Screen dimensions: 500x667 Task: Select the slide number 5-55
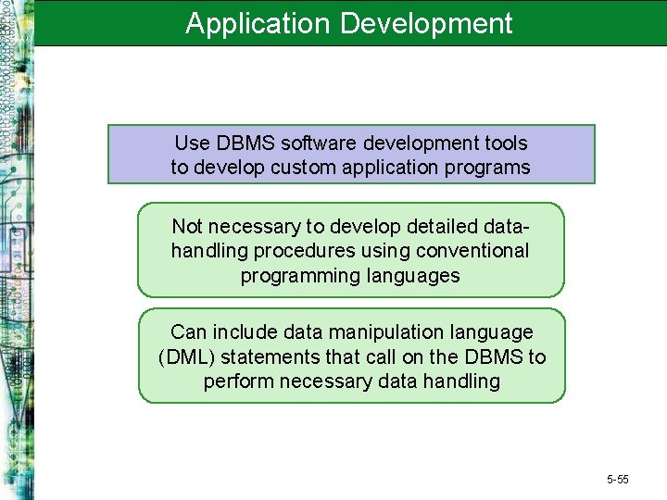617,480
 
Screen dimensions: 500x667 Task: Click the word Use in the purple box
192,144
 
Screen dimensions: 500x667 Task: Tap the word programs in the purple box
492,168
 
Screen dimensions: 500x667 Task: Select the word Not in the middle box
188,227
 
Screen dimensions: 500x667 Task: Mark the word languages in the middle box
418,275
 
